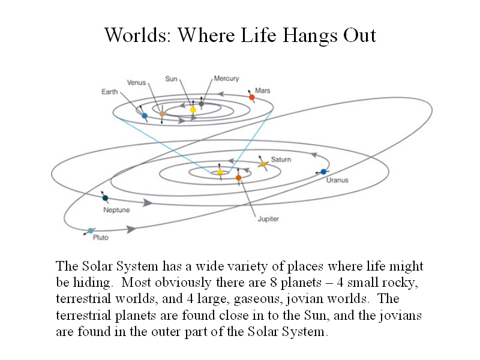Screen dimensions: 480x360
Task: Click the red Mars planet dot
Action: point(251,97)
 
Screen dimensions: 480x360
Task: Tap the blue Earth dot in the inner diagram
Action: point(145,116)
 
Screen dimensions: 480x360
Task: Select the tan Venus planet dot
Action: point(162,114)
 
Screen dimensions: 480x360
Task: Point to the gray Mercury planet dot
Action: point(201,104)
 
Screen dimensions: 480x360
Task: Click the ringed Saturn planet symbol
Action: point(263,164)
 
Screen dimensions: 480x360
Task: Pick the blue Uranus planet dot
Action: point(323,172)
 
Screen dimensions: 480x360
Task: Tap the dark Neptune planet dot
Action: point(106,198)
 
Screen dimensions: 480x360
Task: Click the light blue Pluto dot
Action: point(91,231)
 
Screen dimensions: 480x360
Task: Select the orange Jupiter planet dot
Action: point(238,178)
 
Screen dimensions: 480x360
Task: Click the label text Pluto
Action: point(101,238)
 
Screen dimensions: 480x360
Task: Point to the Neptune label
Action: point(116,210)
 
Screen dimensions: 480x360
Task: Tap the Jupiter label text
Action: point(268,219)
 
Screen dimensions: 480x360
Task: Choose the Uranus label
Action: point(337,181)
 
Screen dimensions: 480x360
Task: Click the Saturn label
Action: point(281,160)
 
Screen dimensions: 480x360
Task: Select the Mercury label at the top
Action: point(227,79)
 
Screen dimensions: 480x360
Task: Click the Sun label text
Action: point(172,79)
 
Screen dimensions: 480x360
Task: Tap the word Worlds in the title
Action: point(137,35)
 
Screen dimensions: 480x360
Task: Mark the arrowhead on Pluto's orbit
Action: point(131,229)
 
